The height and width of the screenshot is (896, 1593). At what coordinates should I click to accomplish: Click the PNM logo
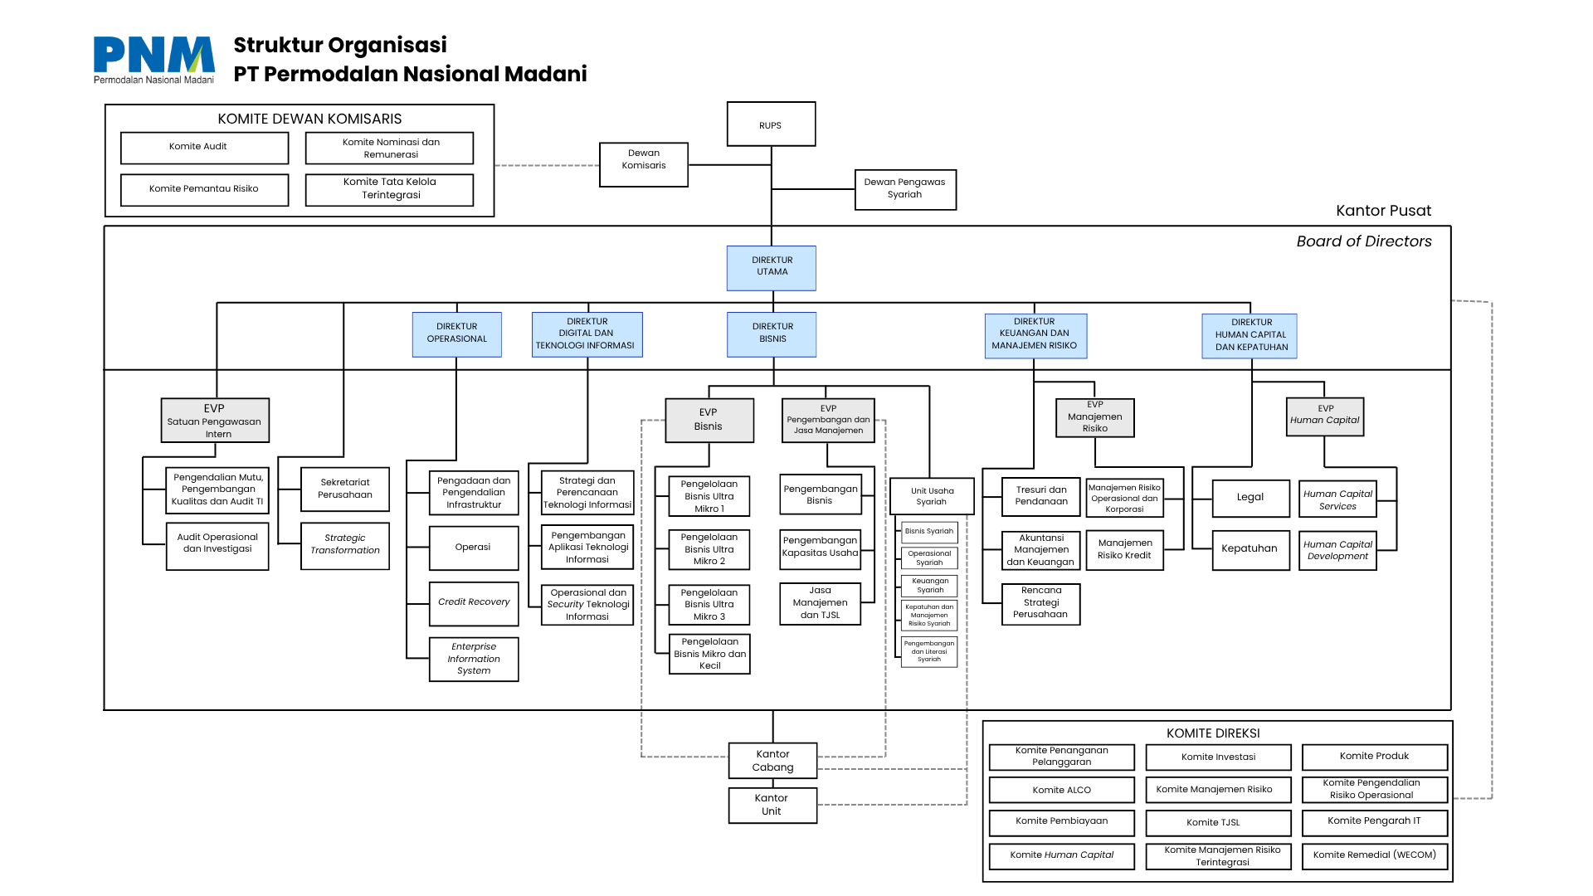153,59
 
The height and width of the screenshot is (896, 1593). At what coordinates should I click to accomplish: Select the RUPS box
771,124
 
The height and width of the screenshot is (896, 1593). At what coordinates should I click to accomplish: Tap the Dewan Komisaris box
644,164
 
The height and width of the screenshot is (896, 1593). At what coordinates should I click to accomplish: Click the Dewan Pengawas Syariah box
904,189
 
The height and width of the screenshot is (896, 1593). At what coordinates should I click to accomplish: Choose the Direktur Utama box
772,267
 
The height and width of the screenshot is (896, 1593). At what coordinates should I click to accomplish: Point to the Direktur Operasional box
456,334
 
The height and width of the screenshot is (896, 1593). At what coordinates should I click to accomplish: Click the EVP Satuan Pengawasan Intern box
215,421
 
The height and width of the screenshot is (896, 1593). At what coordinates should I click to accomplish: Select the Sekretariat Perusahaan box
345,489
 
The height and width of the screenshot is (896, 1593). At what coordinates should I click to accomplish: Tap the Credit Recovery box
474,603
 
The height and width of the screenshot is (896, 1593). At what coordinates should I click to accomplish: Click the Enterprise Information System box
474,659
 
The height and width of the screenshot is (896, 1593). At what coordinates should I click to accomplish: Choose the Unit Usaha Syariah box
932,496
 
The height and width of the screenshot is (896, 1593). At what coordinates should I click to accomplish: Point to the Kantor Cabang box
772,760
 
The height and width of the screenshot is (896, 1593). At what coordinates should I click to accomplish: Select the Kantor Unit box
772,805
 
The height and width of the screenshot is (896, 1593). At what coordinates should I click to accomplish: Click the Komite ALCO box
1061,790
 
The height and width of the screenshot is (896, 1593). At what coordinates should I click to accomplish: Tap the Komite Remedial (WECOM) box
1374,855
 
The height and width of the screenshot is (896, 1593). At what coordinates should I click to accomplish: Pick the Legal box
1250,498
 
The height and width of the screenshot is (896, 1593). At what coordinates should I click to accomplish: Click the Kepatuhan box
1250,549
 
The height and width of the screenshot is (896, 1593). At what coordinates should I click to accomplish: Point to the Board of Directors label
1364,241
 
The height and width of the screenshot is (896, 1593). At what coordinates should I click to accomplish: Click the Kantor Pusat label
1383,211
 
